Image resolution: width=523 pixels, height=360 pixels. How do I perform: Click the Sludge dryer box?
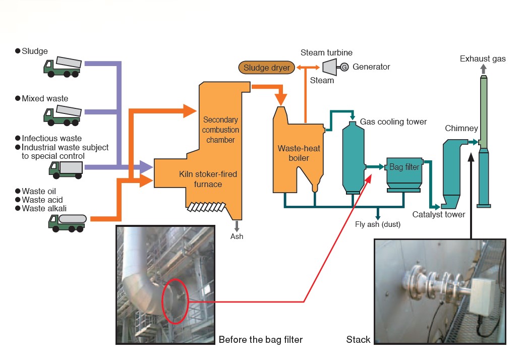coord(266,67)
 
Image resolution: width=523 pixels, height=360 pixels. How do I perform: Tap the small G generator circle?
coord(344,67)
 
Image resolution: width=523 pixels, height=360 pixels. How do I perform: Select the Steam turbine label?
coord(326,52)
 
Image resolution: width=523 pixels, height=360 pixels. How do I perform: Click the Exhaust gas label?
coord(482,59)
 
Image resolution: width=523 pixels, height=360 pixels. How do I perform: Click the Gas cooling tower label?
coord(393,122)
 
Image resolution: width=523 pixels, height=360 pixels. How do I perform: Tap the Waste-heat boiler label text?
coord(293,153)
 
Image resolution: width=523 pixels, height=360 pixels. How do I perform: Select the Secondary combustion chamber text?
coord(220,130)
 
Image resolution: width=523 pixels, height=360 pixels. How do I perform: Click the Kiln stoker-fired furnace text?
coord(208,179)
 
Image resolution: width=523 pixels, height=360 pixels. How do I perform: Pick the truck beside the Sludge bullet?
coord(63,67)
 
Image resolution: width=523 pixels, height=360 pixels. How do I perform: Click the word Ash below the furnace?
coord(237,236)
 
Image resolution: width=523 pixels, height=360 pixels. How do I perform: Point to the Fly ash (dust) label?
coord(378,224)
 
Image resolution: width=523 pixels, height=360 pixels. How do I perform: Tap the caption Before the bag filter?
coord(260,339)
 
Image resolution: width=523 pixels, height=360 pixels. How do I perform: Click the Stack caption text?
coord(358,339)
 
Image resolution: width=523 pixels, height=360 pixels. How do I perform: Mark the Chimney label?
coord(461,129)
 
